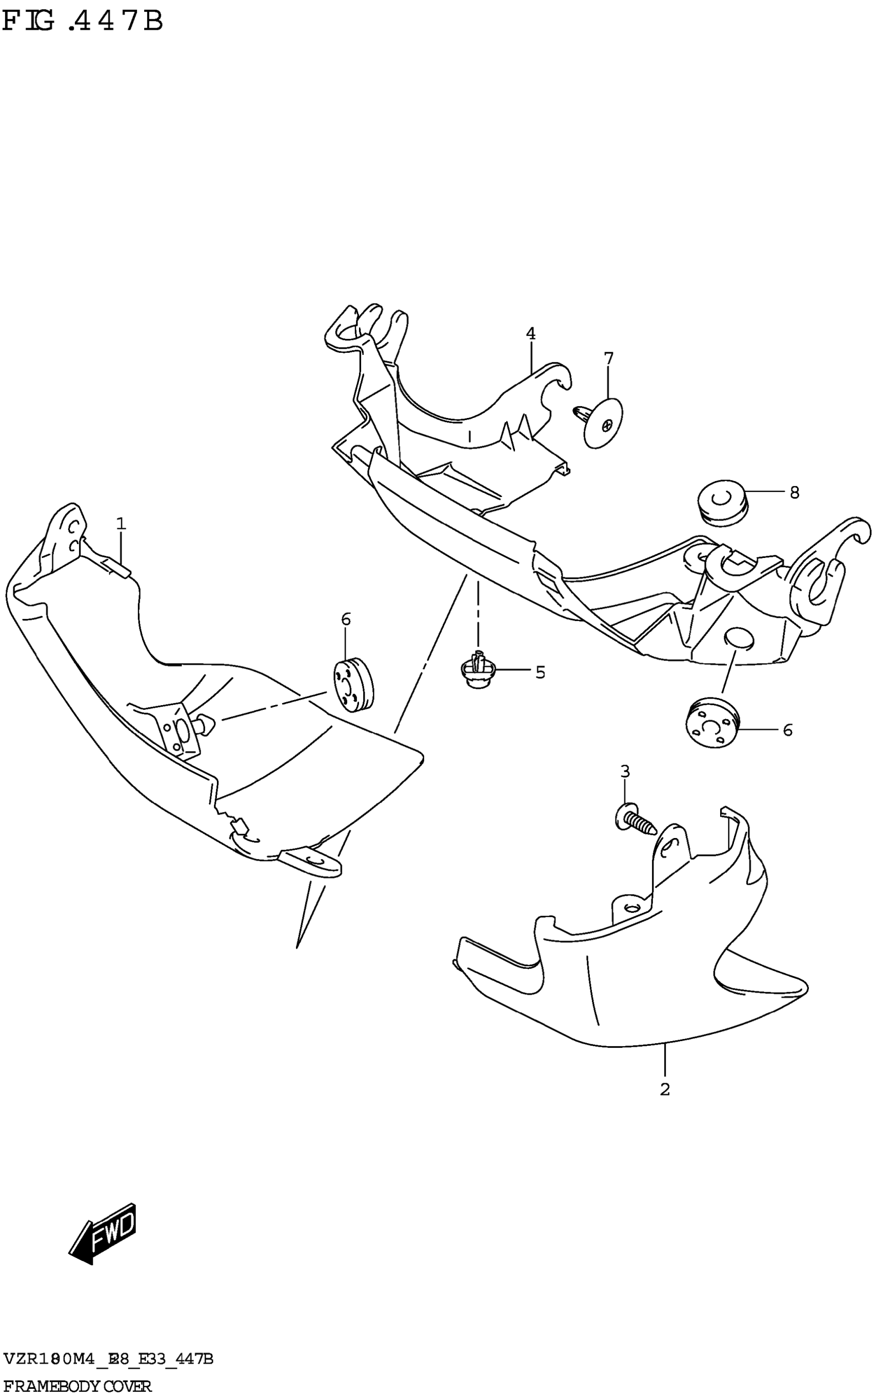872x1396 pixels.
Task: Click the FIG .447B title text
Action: click(x=83, y=22)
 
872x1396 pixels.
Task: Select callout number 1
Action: click(x=121, y=524)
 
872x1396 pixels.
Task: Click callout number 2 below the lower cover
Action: click(x=665, y=1090)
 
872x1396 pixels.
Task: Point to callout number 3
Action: click(x=625, y=771)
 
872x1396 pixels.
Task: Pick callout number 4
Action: click(x=530, y=333)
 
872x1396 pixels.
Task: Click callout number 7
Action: click(x=609, y=358)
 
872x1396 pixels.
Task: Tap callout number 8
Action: click(x=794, y=492)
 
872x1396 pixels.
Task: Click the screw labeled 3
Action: click(x=635, y=819)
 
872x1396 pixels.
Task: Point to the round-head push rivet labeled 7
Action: click(x=600, y=423)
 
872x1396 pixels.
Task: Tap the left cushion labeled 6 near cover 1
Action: click(x=353, y=686)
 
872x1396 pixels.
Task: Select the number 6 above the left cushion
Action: click(x=346, y=620)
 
